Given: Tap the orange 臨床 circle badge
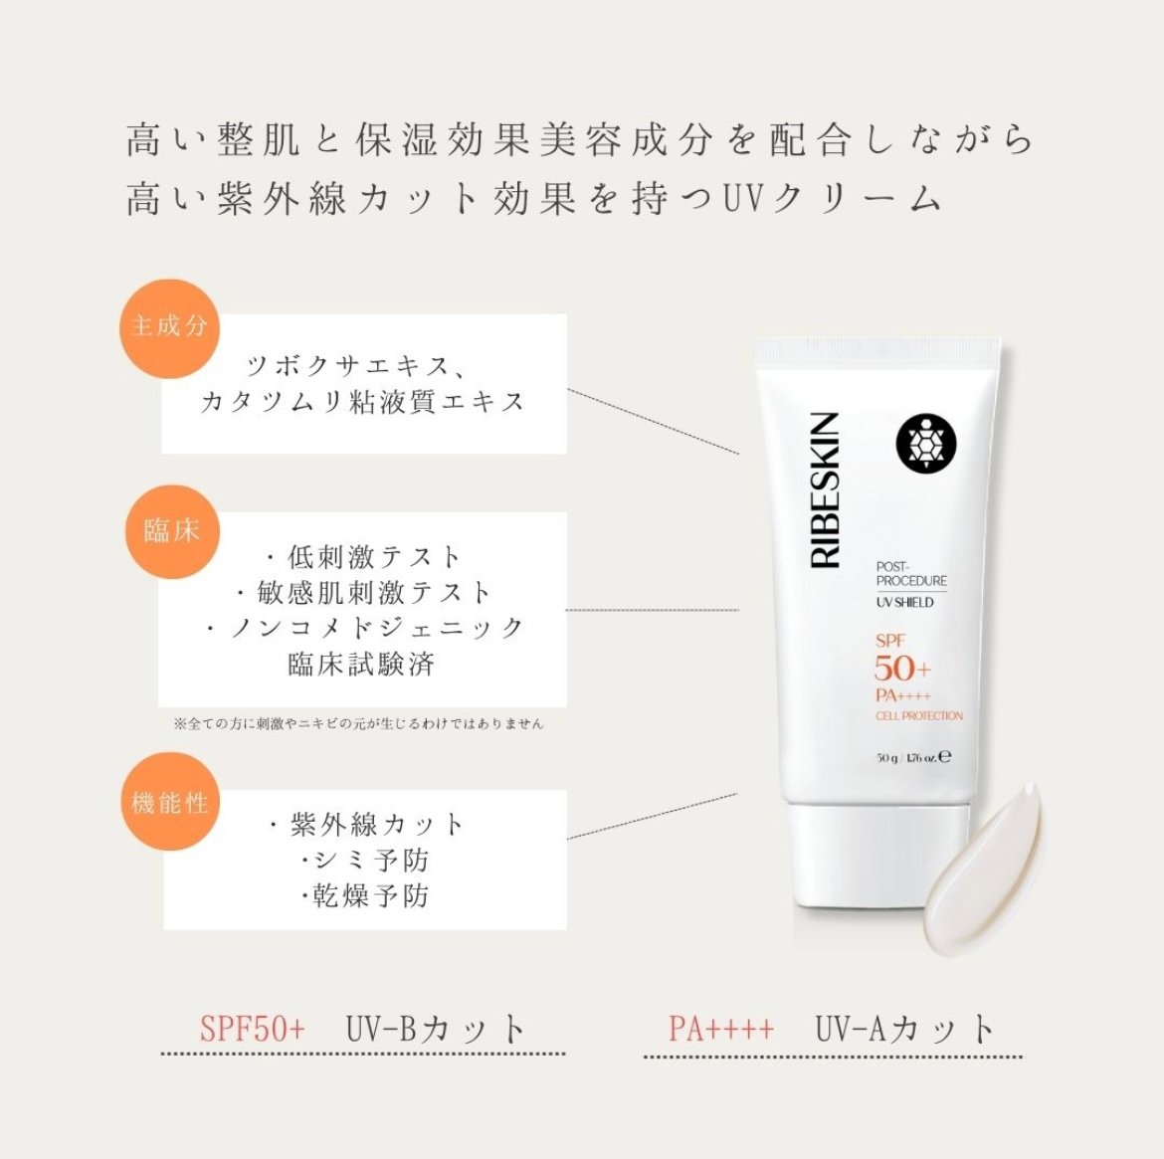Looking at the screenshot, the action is click(x=171, y=532).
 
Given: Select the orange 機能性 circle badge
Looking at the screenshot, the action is click(x=169, y=802).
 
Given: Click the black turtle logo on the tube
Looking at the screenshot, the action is click(x=925, y=444).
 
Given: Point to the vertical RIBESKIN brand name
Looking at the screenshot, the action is click(x=825, y=490).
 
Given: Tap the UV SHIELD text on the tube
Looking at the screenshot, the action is click(x=904, y=602).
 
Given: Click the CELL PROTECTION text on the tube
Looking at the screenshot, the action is click(x=919, y=715).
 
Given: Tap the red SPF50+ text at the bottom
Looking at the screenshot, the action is click(x=253, y=1029).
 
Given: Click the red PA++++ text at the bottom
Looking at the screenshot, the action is click(x=721, y=1029).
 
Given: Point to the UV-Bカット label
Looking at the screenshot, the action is click(x=436, y=1029).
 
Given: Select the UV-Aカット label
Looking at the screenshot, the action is click(x=905, y=1029).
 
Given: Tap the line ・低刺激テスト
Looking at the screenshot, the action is click(x=363, y=556).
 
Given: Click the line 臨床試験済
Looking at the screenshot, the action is click(x=361, y=663).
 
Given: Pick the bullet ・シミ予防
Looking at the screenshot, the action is click(x=364, y=860).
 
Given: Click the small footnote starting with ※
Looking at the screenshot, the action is click(x=358, y=723).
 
